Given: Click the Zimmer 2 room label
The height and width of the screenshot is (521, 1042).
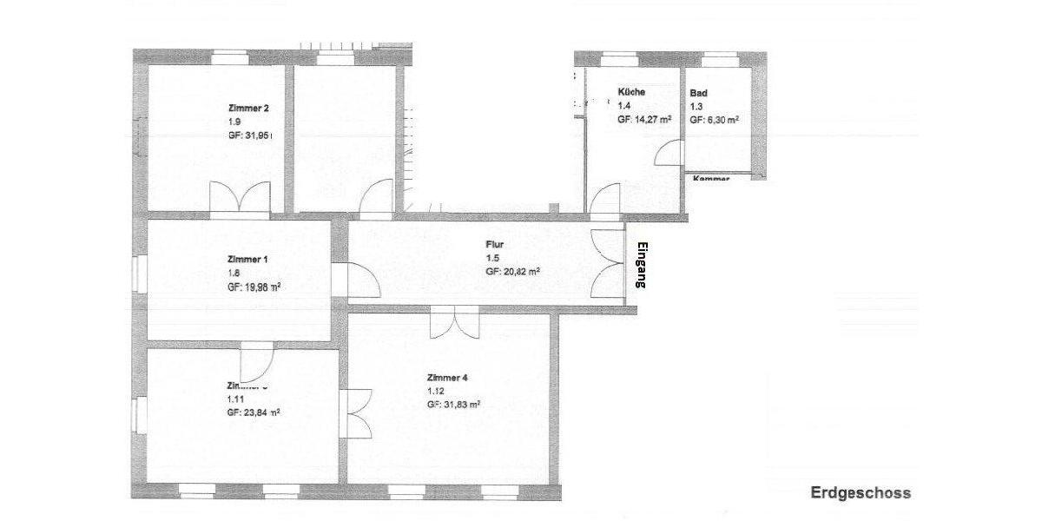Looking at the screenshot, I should (247, 109).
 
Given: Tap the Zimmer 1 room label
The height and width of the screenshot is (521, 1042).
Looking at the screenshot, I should (247, 259).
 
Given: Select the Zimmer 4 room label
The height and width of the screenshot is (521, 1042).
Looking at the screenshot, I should (447, 378).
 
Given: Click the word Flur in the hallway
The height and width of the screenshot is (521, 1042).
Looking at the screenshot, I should (495, 245).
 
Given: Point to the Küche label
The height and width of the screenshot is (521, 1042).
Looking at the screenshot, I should (631, 92).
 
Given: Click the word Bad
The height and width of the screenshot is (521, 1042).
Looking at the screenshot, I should (698, 93).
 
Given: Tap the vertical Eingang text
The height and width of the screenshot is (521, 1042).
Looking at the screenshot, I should (643, 264).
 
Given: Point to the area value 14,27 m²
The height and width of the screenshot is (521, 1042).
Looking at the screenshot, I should (644, 121).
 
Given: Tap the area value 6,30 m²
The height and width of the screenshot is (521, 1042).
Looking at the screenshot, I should (714, 121).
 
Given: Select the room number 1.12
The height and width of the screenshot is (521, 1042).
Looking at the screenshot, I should (437, 392).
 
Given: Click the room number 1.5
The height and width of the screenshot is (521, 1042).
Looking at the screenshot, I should (492, 259).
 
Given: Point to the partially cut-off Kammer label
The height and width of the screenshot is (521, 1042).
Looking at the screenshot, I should (709, 177).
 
